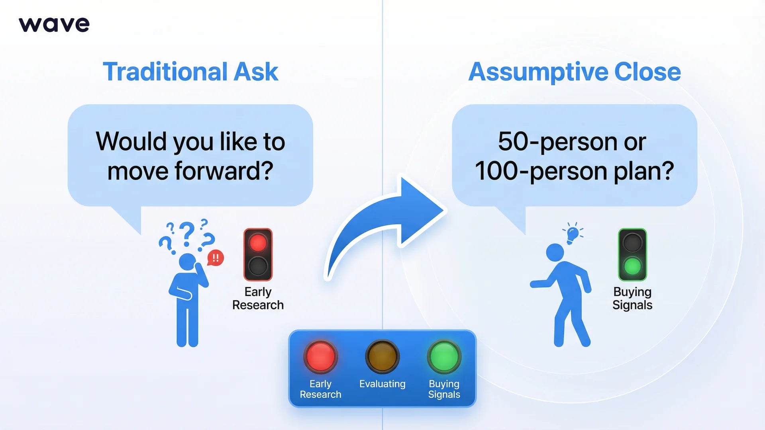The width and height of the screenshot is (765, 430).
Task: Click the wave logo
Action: pyautogui.click(x=54, y=25)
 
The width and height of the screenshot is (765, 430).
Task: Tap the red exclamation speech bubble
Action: pyautogui.click(x=216, y=258)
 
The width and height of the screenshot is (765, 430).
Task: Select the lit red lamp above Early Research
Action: pyautogui.click(x=258, y=243)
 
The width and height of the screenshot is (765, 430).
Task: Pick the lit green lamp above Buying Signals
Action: pyautogui.click(x=632, y=266)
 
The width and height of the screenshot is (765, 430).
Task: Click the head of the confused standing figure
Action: pyautogui.click(x=187, y=262)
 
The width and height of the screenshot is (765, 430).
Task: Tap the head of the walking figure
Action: pyautogui.click(x=555, y=252)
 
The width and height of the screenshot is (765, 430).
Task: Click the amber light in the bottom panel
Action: pyautogui.click(x=382, y=356)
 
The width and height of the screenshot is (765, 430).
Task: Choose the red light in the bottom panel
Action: pyautogui.click(x=320, y=356)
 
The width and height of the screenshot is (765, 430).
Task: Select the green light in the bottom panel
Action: pyautogui.click(x=444, y=356)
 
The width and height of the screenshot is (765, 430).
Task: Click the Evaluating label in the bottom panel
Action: pyautogui.click(x=382, y=384)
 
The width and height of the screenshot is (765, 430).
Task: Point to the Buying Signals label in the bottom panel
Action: pyautogui.click(x=444, y=389)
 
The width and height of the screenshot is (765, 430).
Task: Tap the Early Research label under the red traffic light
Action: pyautogui.click(x=258, y=298)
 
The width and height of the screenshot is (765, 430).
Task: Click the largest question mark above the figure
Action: pyautogui.click(x=187, y=233)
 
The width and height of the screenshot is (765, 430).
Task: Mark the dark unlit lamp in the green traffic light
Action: pyautogui.click(x=632, y=243)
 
